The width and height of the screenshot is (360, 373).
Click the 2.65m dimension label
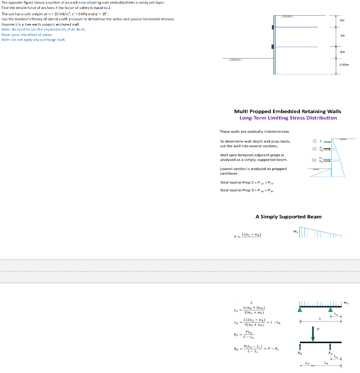pos(345,65)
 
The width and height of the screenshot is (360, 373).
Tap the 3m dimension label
pos(342,35)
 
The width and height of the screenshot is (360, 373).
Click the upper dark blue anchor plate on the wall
pos(273,27)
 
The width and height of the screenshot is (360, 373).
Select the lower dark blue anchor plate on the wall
pos(273,47)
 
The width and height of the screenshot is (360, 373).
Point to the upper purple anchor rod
pos(296,27)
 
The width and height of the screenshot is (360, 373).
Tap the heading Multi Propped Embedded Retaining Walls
pos(287,111)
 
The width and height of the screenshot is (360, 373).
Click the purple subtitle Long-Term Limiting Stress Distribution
pos(288,118)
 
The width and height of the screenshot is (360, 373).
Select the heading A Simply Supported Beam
pos(288,217)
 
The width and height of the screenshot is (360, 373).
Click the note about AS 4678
pos(43,29)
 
